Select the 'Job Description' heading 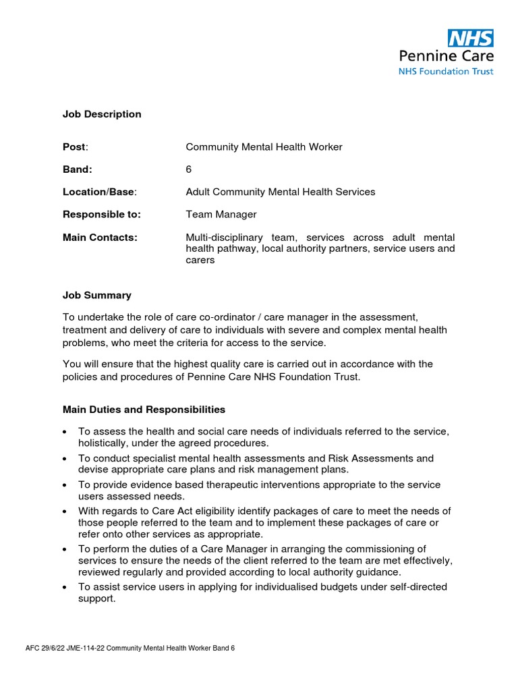pos(102,114)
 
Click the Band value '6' pos(189,169)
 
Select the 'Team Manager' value pos(221,215)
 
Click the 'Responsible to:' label pos(102,215)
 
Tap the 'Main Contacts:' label pos(100,238)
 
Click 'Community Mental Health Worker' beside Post pos(264,147)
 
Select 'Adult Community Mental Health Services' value pos(280,192)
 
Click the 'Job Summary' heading pos(97,295)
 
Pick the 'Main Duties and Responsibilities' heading pos(144,410)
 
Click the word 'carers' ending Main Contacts pos(200,260)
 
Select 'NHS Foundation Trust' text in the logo pos(455,71)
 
